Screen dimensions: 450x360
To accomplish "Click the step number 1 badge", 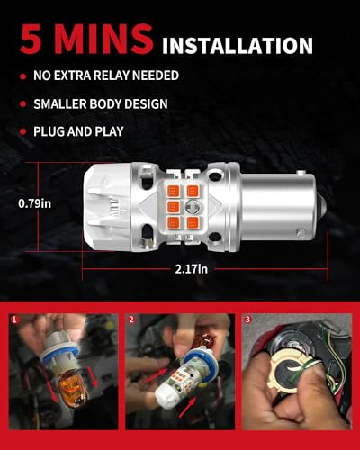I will pyautogui.click(x=15, y=319).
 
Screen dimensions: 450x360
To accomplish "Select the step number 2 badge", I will pyautogui.click(x=131, y=319).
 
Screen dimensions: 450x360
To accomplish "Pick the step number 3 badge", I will pyautogui.click(x=247, y=319).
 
